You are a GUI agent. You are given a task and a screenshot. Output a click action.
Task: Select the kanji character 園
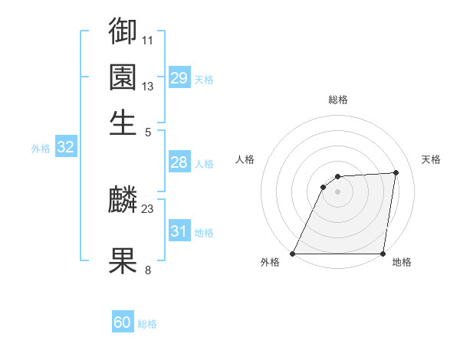(123, 77)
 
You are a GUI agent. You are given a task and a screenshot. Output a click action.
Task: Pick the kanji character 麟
(123, 201)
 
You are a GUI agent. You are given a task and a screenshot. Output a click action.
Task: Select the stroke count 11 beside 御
(148, 39)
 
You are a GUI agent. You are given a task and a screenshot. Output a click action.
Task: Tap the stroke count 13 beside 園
(148, 86)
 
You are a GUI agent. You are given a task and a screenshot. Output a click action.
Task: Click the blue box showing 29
(179, 78)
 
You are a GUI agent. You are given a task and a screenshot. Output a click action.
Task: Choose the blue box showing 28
(179, 162)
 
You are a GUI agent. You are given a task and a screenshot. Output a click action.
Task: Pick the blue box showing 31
(179, 231)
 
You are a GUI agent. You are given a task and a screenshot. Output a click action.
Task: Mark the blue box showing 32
(65, 148)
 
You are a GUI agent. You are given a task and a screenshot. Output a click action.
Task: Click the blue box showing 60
(123, 322)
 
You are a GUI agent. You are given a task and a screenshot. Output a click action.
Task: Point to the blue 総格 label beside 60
(148, 324)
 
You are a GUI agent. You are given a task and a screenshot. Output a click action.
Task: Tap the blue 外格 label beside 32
(41, 149)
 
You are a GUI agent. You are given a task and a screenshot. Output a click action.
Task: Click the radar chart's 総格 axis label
(338, 100)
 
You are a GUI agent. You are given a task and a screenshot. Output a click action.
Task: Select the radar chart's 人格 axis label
(245, 159)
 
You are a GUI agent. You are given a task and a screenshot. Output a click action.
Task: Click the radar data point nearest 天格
(396, 172)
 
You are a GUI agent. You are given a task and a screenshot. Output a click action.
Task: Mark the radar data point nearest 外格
(293, 254)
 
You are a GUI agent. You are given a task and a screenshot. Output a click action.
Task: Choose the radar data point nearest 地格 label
(383, 254)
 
